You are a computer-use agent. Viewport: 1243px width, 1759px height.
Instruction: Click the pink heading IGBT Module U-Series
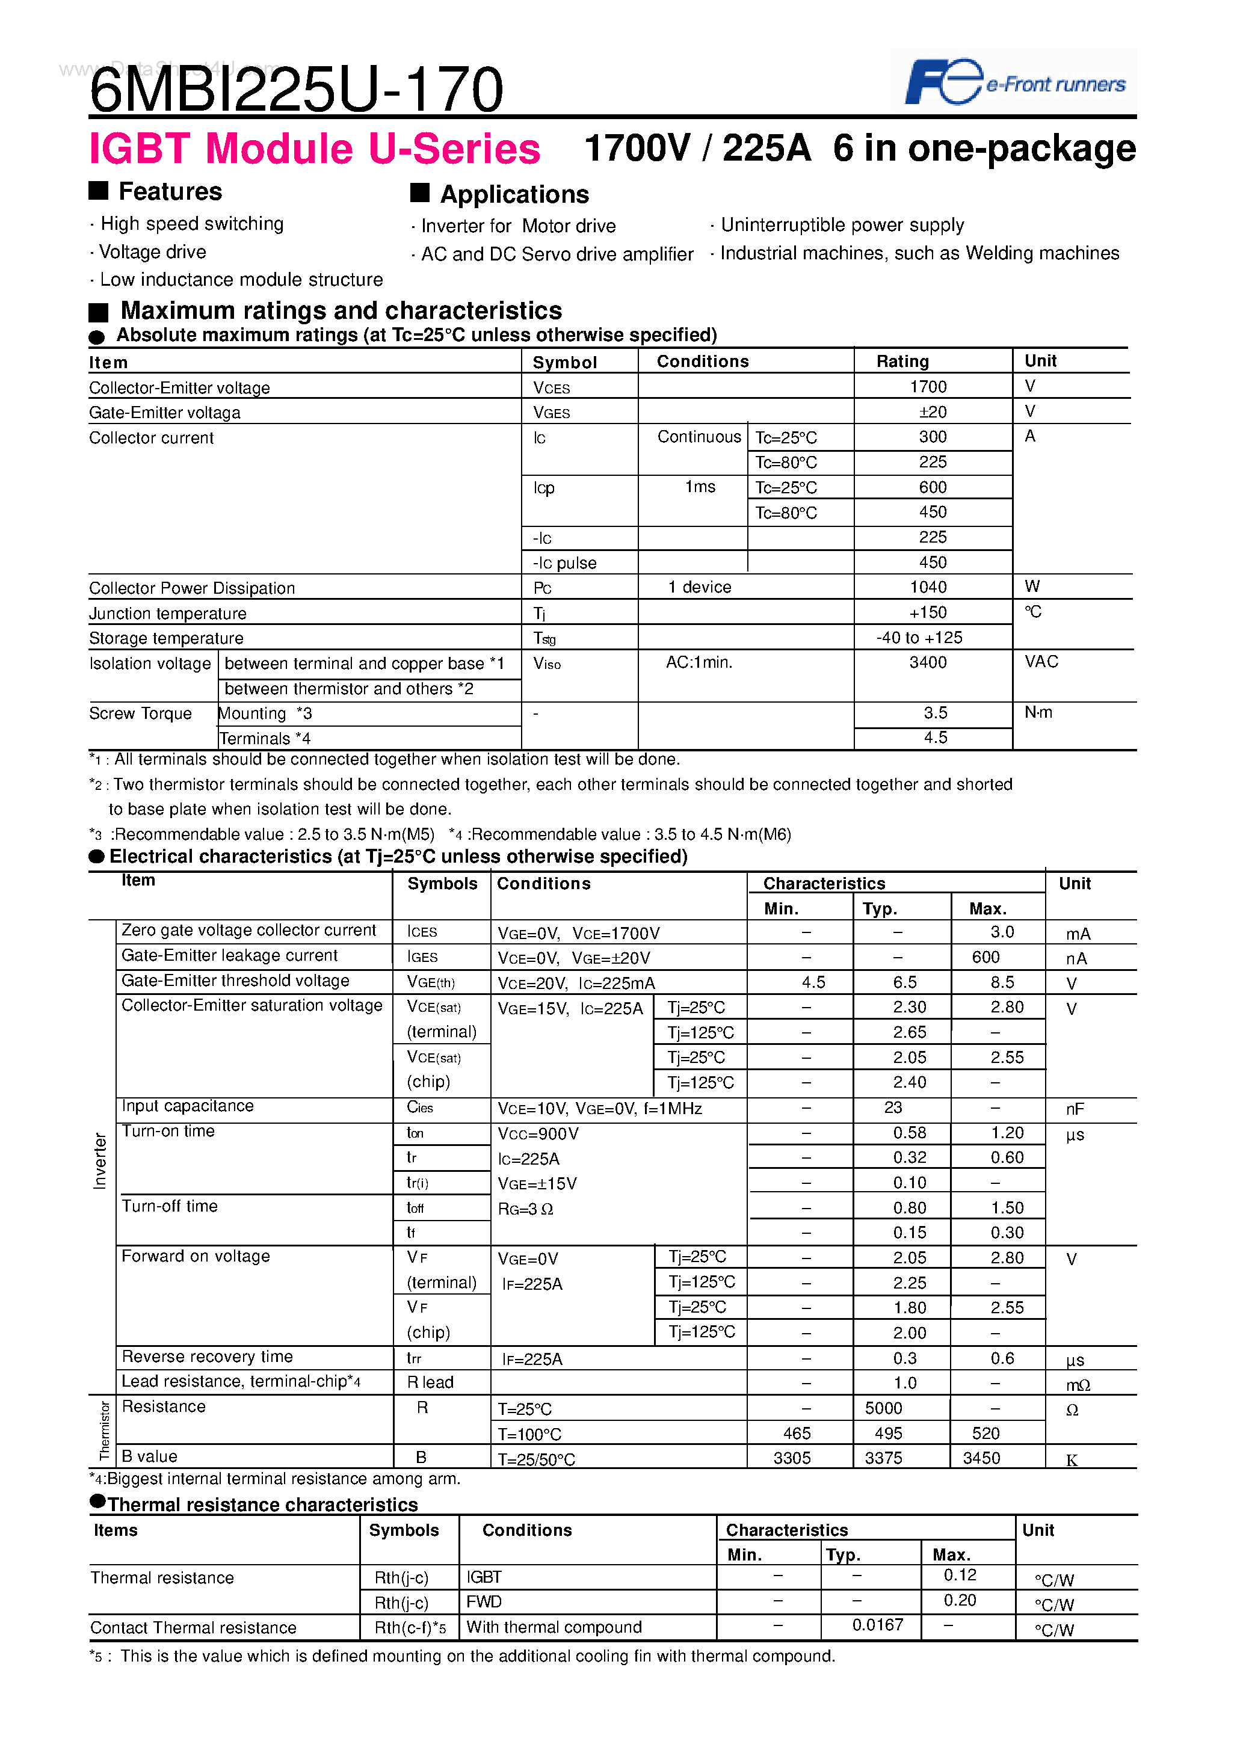(314, 149)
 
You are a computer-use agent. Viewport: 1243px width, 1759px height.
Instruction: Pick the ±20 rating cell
(932, 411)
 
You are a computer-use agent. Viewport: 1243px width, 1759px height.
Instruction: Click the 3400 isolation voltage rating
(927, 662)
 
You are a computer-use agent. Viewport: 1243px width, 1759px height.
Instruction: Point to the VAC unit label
(1041, 661)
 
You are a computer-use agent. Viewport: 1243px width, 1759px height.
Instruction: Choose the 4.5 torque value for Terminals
(935, 737)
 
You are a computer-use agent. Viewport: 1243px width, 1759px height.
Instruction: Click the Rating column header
(902, 361)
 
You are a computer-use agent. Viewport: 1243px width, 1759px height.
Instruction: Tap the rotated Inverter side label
(100, 1160)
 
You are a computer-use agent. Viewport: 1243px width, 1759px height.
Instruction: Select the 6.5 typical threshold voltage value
(904, 982)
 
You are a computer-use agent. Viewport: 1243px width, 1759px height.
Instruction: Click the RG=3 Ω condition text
(525, 1209)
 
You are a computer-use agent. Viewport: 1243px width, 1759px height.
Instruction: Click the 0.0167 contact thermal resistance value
(877, 1624)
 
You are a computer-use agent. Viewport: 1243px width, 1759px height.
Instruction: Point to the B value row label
(149, 1456)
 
